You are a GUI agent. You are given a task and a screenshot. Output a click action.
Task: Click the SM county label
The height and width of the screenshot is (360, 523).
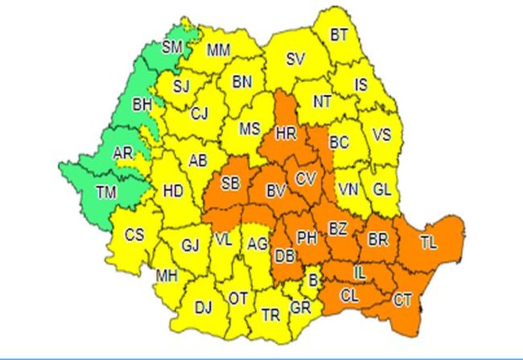(x=172, y=48)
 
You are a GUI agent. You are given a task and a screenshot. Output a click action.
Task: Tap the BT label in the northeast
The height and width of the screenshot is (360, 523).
(x=338, y=35)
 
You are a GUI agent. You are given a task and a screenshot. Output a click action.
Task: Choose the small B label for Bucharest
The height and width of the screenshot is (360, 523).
(x=313, y=280)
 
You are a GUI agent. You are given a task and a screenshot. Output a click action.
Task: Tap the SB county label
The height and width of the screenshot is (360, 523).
(x=231, y=183)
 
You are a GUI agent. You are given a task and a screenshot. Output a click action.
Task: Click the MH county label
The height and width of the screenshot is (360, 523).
(x=167, y=274)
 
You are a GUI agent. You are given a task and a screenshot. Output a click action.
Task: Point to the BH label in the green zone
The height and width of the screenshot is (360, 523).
(x=142, y=105)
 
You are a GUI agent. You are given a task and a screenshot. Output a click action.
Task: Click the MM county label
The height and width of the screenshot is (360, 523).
(x=219, y=50)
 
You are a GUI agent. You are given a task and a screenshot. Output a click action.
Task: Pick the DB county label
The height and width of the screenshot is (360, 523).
(x=285, y=255)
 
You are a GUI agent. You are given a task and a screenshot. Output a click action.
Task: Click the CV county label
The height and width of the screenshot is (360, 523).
(x=305, y=179)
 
